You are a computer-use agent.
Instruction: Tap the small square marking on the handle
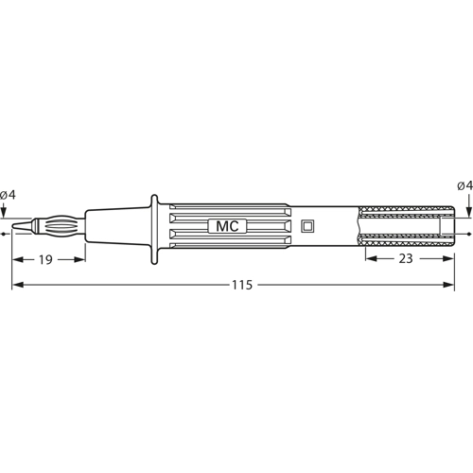pyautogui.click(x=307, y=226)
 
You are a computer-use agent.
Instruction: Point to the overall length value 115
pyautogui.click(x=242, y=286)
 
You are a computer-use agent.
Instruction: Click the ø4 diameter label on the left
pyautogui.click(x=8, y=194)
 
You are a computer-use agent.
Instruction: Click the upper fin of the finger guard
pyautogui.click(x=154, y=200)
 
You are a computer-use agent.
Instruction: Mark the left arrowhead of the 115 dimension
pyautogui.click(x=16, y=285)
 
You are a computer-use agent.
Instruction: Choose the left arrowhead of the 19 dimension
pyautogui.click(x=16, y=258)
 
